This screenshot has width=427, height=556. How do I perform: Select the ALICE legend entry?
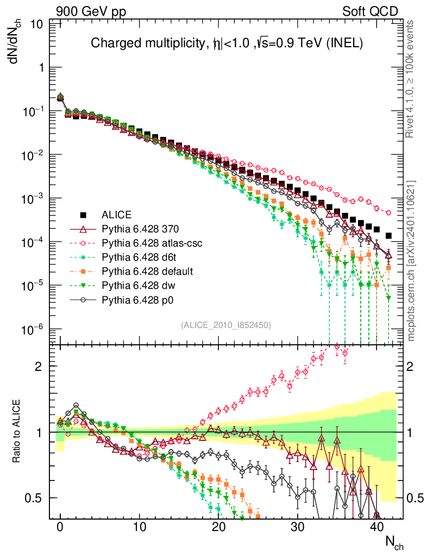pyautogui.click(x=116, y=214)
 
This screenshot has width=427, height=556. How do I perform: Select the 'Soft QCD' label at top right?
pyautogui.click(x=369, y=11)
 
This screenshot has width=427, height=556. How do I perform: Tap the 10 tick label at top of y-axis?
pyautogui.click(x=37, y=24)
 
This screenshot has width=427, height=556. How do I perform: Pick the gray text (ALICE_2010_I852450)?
pyautogui.click(x=226, y=325)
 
